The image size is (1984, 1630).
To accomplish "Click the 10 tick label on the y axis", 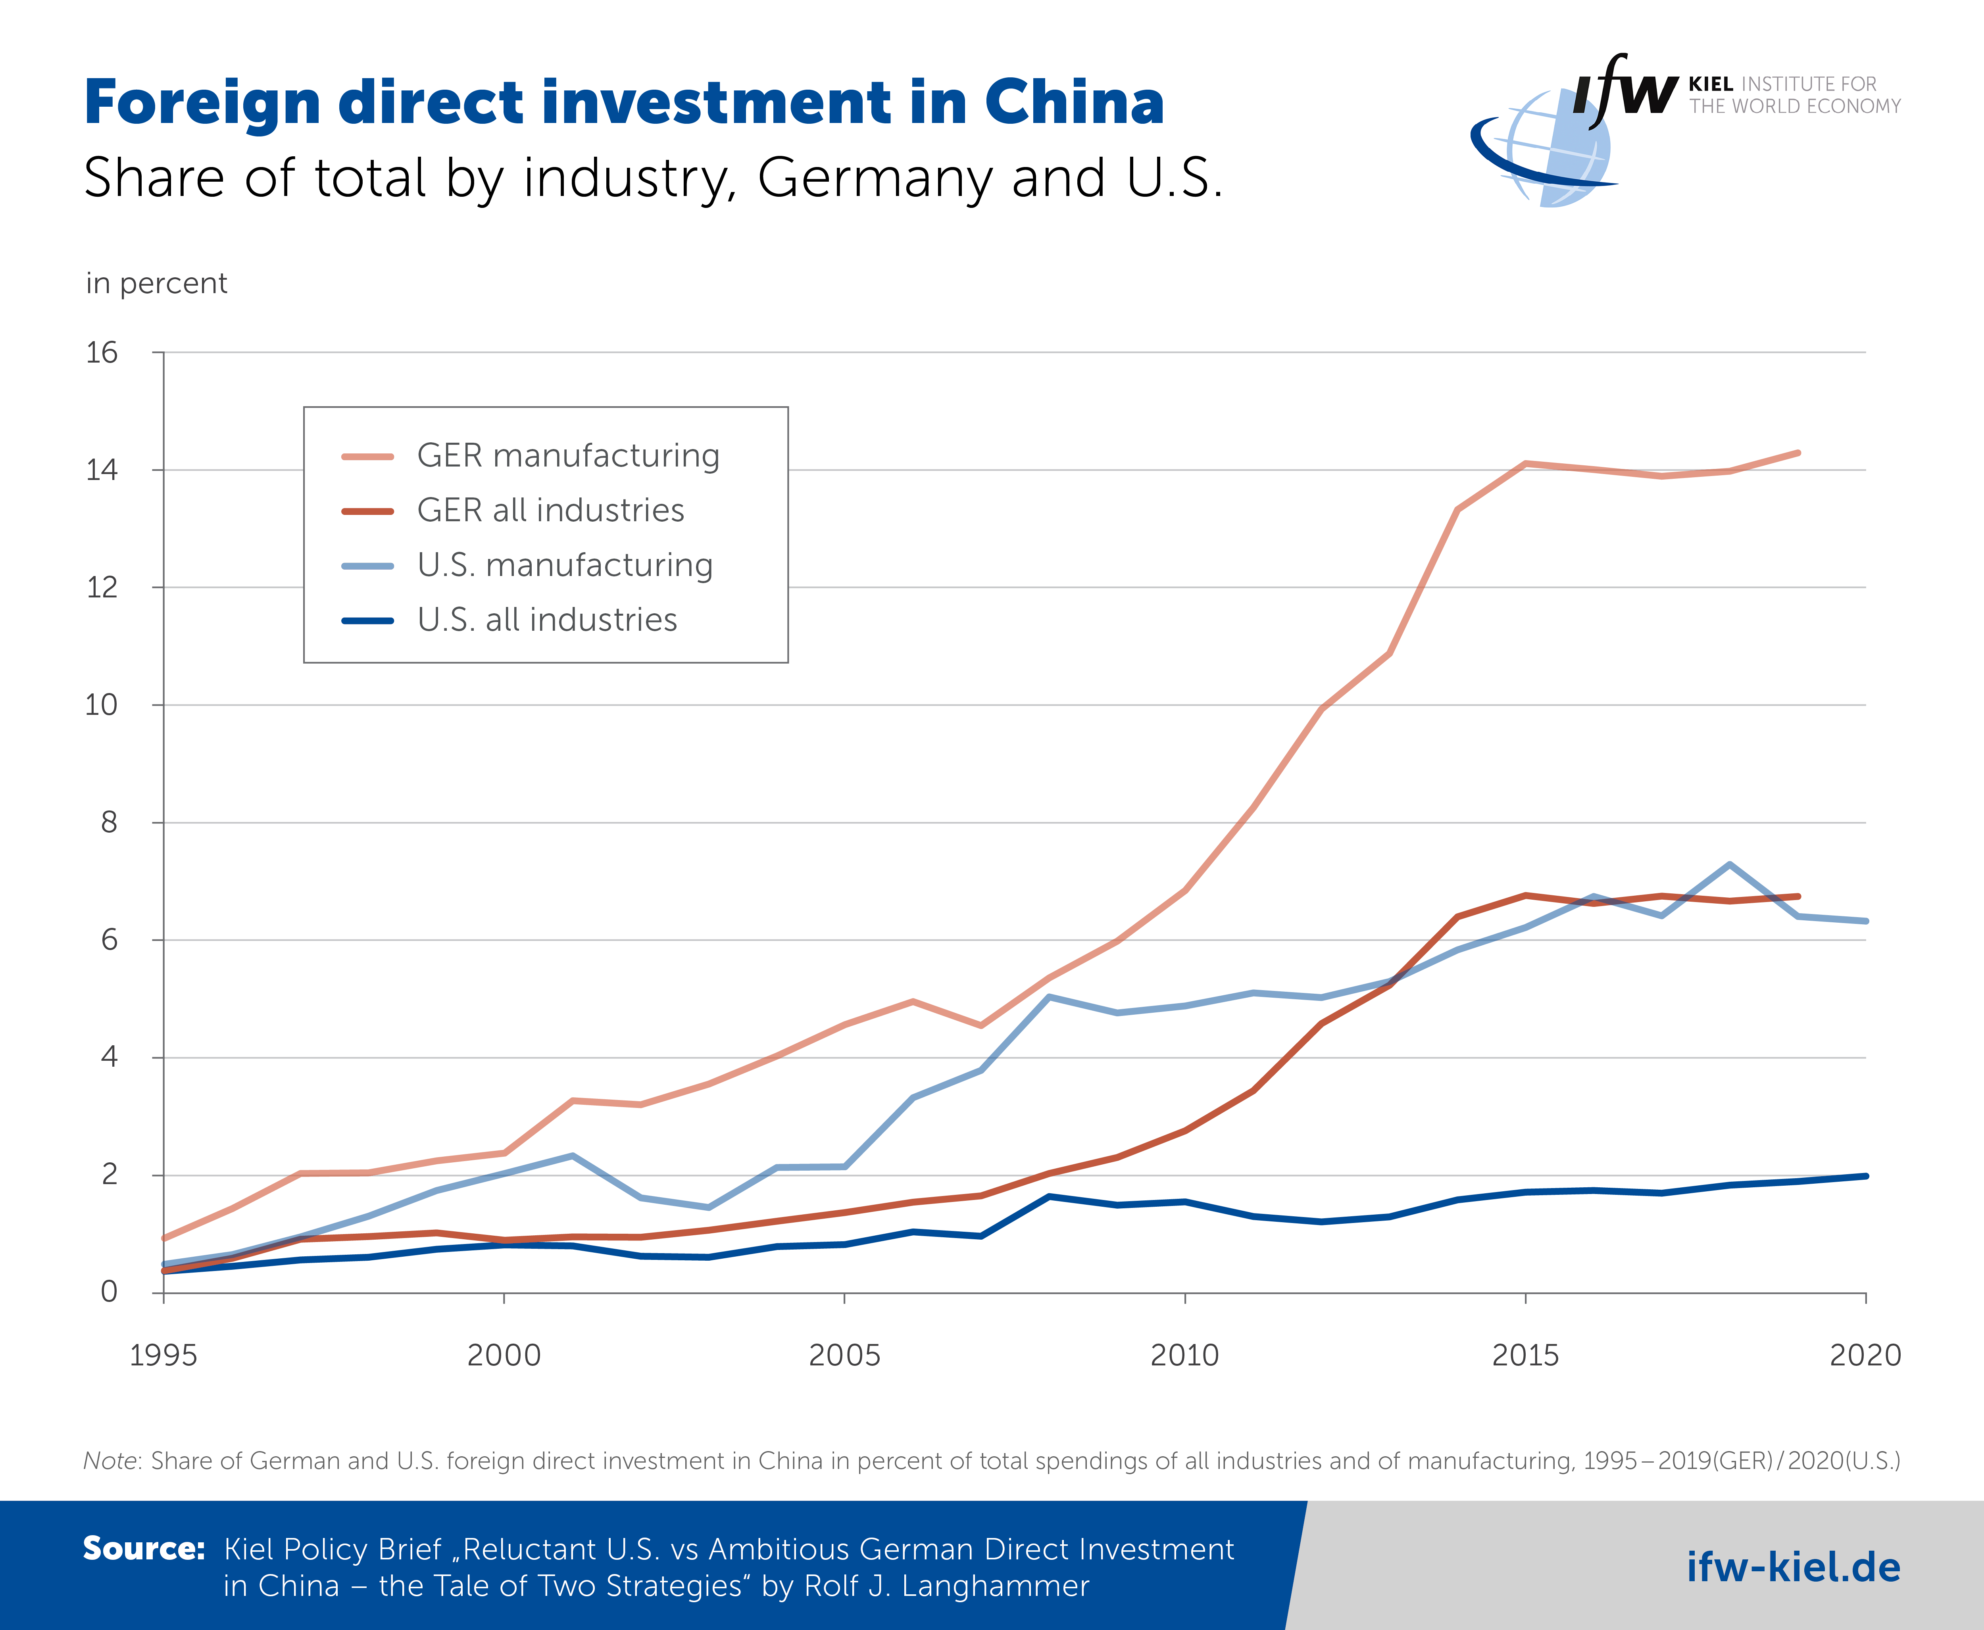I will pyautogui.click(x=102, y=705).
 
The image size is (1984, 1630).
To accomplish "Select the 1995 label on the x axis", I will pyautogui.click(x=163, y=1355).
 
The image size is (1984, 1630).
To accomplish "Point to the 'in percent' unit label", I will pyautogui.click(x=156, y=284).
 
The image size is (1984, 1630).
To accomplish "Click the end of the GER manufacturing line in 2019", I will pyautogui.click(x=1797, y=453).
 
